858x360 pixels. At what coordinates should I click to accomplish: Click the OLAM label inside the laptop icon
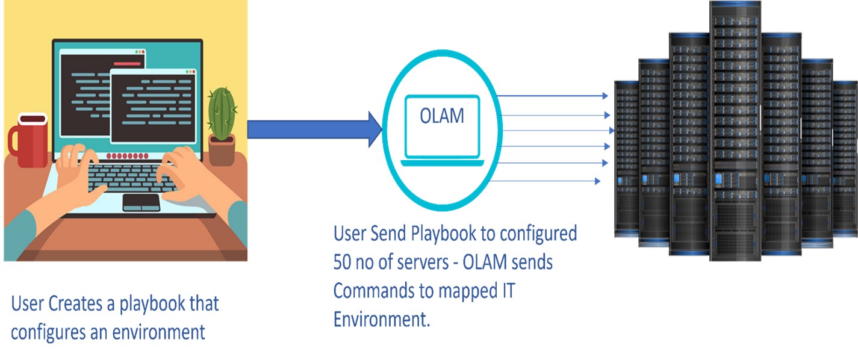pos(441,116)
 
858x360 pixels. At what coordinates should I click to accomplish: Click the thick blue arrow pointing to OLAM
pos(315,129)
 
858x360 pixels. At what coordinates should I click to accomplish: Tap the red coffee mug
pos(28,140)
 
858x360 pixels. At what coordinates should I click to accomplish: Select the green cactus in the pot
pos(222,114)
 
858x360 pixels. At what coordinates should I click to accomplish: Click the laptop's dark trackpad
pos(141,203)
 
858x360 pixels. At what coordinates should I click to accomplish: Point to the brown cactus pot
pos(222,150)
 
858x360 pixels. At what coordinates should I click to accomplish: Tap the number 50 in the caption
pos(342,262)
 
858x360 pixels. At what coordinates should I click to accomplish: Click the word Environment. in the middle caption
pos(382,320)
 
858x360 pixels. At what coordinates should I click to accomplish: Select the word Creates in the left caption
pos(75,303)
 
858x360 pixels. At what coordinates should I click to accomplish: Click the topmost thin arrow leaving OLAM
pos(552,96)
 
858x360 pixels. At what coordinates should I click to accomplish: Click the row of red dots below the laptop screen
pos(127,156)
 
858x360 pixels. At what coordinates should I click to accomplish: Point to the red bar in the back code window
pos(127,64)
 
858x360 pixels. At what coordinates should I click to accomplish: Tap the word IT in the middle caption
pos(509,291)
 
